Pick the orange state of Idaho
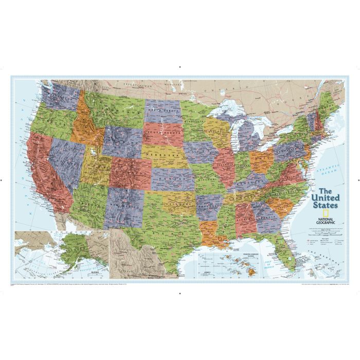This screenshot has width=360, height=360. pos(85,127)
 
